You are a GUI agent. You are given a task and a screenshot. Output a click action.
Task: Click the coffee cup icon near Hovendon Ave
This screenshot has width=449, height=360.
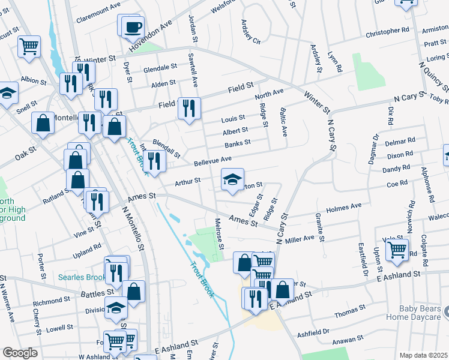pyautogui.click(x=132, y=26)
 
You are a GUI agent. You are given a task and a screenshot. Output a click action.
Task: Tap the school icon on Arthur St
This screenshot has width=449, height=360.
pyautogui.click(x=232, y=179)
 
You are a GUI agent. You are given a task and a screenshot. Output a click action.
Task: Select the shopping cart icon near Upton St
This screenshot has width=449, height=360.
pyautogui.click(x=397, y=250)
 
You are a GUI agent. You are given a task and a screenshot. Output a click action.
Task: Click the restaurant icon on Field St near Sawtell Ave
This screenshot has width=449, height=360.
pyautogui.click(x=189, y=109)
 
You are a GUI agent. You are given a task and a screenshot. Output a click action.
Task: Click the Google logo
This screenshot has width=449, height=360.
pyautogui.click(x=20, y=353)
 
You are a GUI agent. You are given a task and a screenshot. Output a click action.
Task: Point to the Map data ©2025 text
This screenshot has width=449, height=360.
pyautogui.click(x=423, y=355)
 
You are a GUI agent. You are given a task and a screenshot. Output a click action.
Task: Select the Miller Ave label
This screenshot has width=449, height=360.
pyautogui.click(x=300, y=239)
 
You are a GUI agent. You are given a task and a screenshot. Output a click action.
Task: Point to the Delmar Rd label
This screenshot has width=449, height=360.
pyautogui.click(x=400, y=143)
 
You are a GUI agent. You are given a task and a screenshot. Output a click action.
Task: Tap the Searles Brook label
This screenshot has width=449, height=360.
pyautogui.click(x=82, y=277)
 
